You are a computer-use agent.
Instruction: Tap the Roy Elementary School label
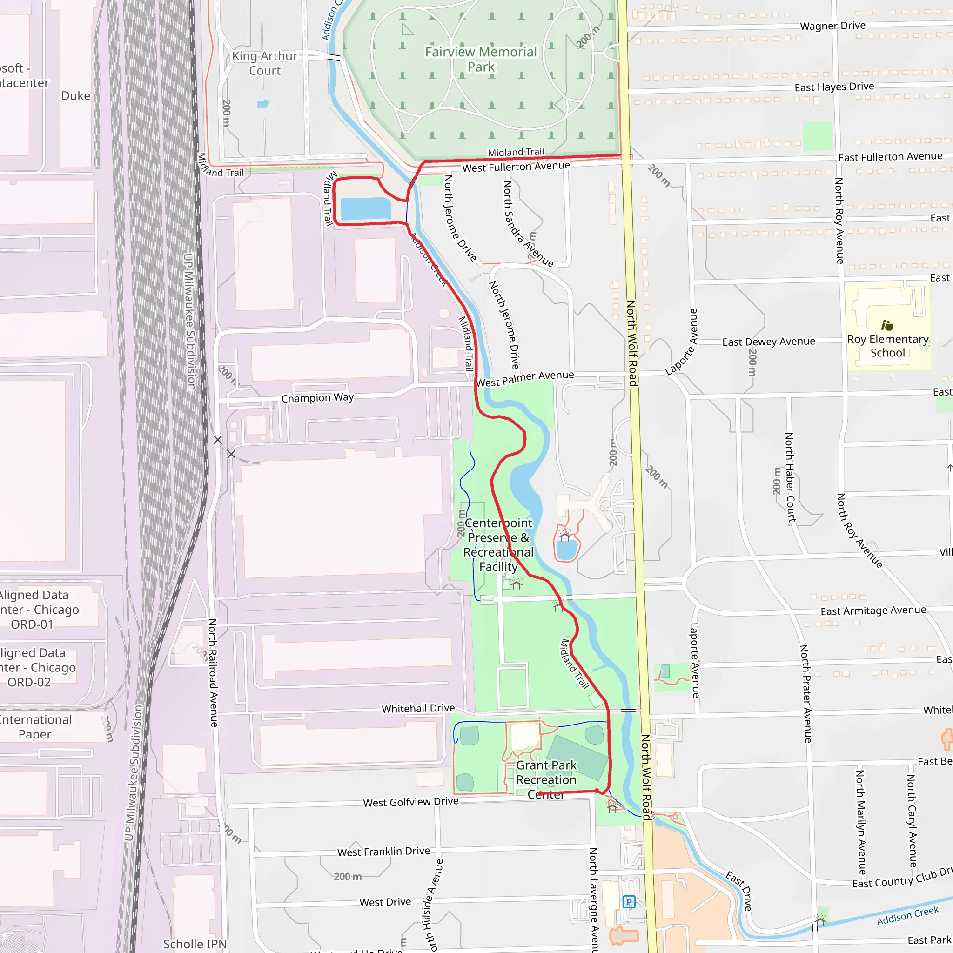click(x=887, y=346)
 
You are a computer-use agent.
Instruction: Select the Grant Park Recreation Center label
click(x=546, y=779)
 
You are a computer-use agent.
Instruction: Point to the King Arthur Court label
click(x=265, y=63)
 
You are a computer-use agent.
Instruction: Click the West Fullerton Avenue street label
click(x=516, y=167)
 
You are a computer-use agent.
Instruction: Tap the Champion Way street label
click(x=317, y=397)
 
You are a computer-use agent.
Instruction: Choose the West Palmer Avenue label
click(x=525, y=379)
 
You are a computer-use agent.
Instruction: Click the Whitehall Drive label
click(x=418, y=708)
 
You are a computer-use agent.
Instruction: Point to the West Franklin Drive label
click(x=383, y=852)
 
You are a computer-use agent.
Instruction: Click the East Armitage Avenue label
click(x=873, y=611)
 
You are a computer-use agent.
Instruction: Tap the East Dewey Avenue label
click(x=769, y=342)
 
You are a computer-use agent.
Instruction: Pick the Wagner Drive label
click(x=832, y=26)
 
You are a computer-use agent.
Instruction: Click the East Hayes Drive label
click(x=834, y=87)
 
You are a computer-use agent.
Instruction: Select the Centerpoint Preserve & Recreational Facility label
click(x=498, y=544)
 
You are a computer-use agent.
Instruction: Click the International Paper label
click(x=35, y=726)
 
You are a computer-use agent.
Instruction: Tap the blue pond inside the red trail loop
click(x=365, y=208)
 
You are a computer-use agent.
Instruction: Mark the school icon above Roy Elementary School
click(x=887, y=326)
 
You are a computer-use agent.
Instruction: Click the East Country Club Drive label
click(x=902, y=879)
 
